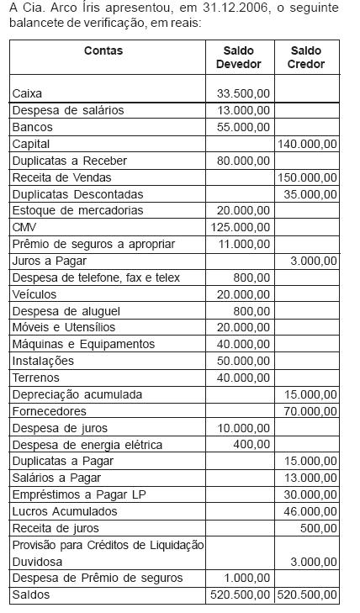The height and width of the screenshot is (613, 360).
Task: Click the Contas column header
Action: pos(103,50)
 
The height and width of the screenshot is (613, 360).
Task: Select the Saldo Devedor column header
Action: pos(239,57)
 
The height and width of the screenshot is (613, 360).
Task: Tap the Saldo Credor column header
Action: pos(305,57)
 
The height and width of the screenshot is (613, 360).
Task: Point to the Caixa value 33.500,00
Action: pos(243,93)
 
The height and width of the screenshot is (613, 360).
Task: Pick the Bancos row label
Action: pos(33,127)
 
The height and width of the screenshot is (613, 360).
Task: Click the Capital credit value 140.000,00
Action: pos(307,144)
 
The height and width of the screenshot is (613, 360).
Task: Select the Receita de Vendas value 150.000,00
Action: pos(307,177)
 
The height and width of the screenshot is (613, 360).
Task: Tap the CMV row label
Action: pos(24,227)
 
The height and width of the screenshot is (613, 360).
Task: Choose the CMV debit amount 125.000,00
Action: pos(240,227)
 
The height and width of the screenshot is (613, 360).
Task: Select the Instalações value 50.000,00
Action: pos(243,361)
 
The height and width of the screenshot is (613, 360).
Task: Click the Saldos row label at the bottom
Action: pos(31,595)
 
